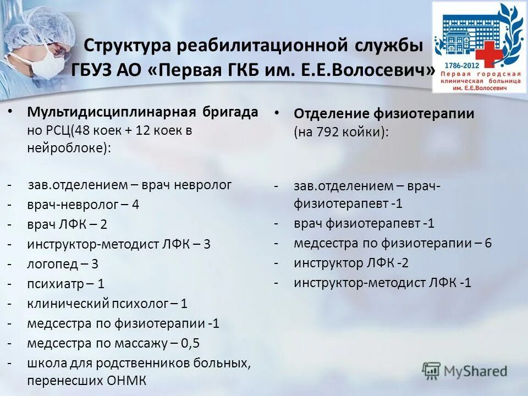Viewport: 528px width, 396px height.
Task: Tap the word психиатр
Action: tap(53, 284)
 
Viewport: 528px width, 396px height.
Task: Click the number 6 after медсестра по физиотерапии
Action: tap(488, 243)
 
